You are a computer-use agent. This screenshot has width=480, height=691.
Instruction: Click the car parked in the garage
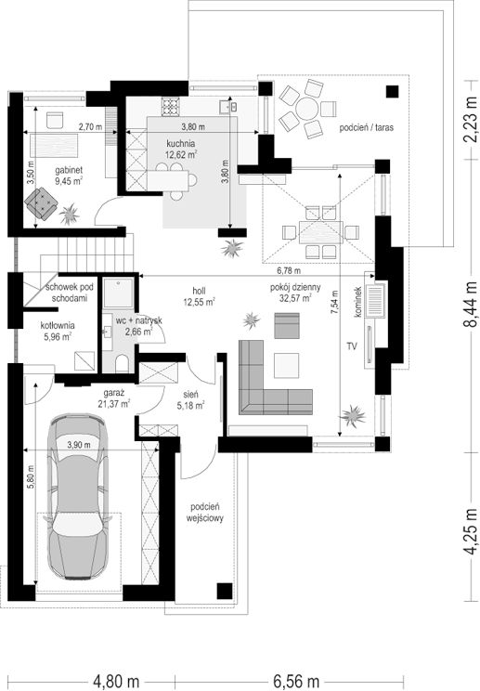point(78,496)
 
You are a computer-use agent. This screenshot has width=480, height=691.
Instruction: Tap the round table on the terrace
point(306,109)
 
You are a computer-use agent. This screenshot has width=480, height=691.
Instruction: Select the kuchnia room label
point(180,144)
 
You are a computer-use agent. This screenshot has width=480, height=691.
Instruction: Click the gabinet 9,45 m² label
point(69,175)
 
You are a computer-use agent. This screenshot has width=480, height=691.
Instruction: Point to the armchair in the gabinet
point(42,202)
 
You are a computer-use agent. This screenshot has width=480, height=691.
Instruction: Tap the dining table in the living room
point(320,232)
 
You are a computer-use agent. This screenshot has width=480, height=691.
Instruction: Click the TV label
point(352,346)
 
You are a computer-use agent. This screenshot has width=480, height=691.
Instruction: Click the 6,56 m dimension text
point(296,681)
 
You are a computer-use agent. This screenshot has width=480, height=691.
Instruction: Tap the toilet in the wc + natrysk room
point(122,364)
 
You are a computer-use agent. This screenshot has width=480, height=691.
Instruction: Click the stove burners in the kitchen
point(171,107)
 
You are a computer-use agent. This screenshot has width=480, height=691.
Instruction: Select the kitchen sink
point(228,107)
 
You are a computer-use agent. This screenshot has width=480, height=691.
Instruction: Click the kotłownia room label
point(58,331)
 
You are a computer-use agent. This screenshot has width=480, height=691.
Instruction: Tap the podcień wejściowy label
point(205,513)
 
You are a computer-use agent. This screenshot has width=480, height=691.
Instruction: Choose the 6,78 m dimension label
point(289,269)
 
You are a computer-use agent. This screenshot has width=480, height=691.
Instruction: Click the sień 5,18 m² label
point(190,400)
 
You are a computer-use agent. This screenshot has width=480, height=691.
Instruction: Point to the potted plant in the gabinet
point(69,215)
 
